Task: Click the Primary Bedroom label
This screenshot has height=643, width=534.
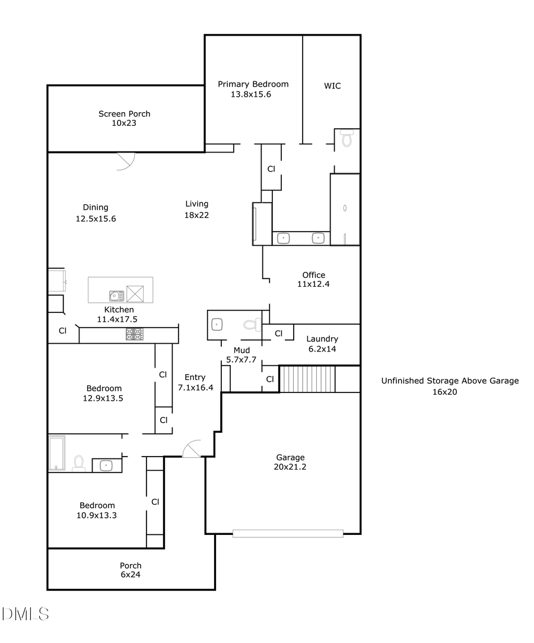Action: [x=253, y=84]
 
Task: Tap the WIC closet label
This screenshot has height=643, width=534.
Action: [x=332, y=86]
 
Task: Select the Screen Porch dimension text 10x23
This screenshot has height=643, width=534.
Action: [x=124, y=123]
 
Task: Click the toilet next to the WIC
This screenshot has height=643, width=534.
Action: [x=347, y=139]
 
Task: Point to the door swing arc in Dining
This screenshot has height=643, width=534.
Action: [x=126, y=162]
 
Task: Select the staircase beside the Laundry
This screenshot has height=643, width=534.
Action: [x=307, y=379]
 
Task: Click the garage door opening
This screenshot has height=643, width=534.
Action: [x=288, y=534]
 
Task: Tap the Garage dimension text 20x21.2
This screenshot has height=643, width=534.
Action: [x=290, y=467]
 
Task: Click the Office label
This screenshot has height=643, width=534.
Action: [x=313, y=275]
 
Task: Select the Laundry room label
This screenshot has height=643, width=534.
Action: [x=322, y=339]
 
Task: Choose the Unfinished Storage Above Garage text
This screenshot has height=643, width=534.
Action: [x=449, y=381]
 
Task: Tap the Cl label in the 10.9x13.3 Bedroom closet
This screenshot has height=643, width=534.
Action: [x=155, y=502]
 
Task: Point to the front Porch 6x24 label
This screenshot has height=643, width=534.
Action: [x=131, y=566]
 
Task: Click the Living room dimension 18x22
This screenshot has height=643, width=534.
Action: [x=196, y=215]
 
